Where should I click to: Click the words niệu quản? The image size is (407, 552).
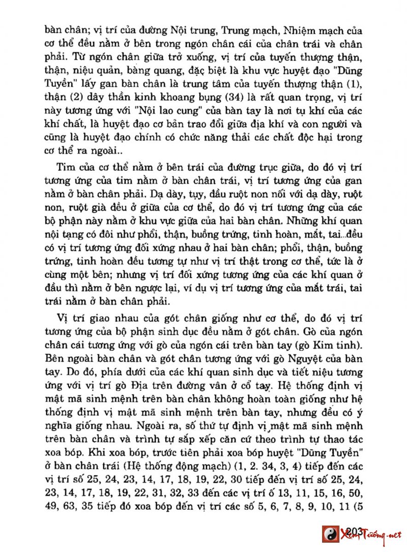click(93, 70)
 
